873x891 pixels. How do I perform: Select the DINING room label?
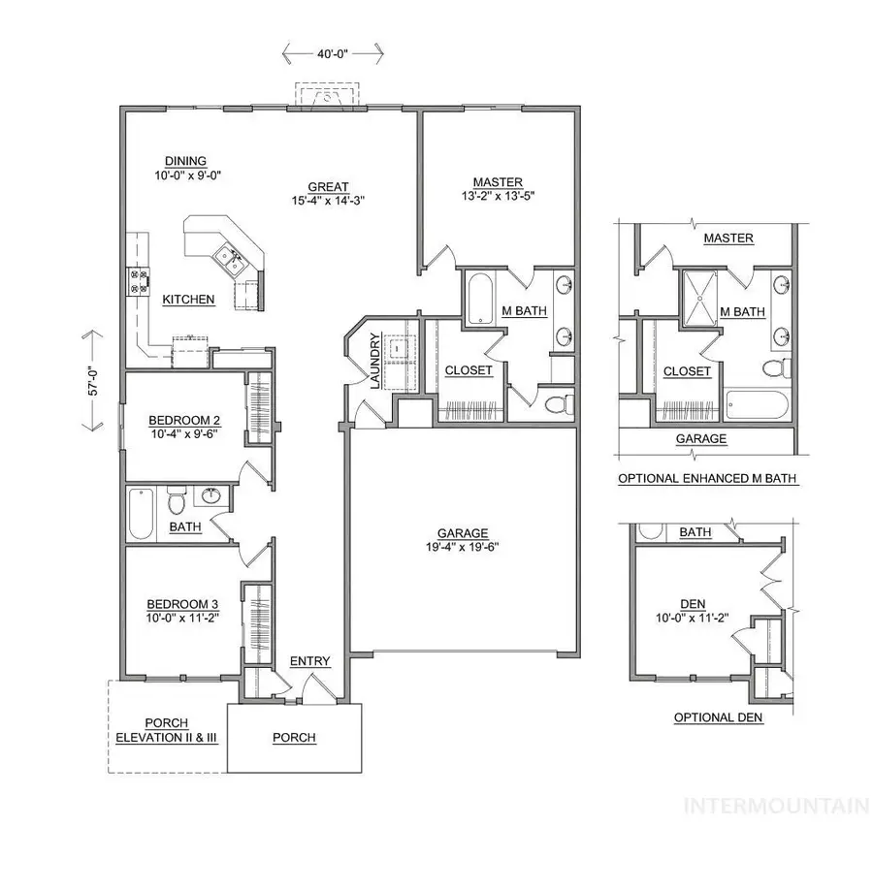[185, 162]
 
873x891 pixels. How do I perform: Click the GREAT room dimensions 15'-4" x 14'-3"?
[329, 201]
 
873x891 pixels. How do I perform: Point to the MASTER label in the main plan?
[498, 181]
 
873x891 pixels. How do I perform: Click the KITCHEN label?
[188, 300]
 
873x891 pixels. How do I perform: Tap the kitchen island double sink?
[229, 256]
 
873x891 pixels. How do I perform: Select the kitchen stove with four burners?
[139, 282]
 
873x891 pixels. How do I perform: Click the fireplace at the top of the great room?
[329, 96]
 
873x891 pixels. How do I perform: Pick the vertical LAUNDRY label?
[373, 361]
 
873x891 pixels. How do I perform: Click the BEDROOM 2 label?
[184, 420]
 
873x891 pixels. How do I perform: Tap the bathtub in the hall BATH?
[142, 513]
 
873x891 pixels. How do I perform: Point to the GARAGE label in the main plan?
[462, 532]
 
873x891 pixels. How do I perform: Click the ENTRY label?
[310, 661]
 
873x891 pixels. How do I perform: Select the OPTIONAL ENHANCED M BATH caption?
[708, 479]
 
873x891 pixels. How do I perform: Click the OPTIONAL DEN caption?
[719, 718]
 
